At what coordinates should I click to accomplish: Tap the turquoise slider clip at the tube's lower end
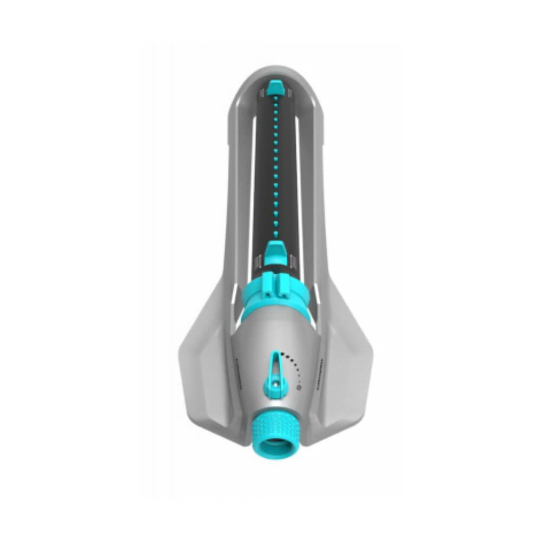click(275, 251)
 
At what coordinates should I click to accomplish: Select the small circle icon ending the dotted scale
click(299, 386)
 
